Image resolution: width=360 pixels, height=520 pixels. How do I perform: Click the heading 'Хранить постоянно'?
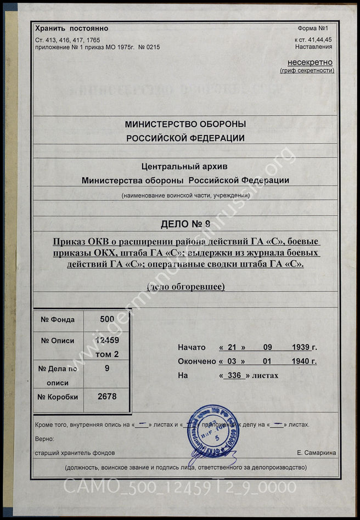tap(71, 29)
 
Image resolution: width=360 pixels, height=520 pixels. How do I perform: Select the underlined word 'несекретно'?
tap(311, 62)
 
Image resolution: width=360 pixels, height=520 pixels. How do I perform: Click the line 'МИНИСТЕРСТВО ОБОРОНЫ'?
tap(185, 125)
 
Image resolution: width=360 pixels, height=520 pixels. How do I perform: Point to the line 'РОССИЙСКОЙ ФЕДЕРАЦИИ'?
tap(185, 138)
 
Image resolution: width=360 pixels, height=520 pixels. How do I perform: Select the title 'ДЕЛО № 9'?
tap(185, 224)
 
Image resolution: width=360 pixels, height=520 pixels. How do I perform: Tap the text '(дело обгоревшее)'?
tap(185, 287)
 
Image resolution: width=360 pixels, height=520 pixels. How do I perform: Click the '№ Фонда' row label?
tap(58, 319)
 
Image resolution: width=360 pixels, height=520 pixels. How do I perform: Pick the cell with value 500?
tap(107, 319)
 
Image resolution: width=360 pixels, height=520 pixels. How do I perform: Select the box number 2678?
tap(107, 396)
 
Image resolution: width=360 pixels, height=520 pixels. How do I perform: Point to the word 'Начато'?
tap(192, 347)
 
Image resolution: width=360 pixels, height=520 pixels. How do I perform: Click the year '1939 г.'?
tap(305, 347)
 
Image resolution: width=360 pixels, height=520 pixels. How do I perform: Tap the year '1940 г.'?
tap(305, 361)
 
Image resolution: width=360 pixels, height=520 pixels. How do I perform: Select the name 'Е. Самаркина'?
tap(316, 453)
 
